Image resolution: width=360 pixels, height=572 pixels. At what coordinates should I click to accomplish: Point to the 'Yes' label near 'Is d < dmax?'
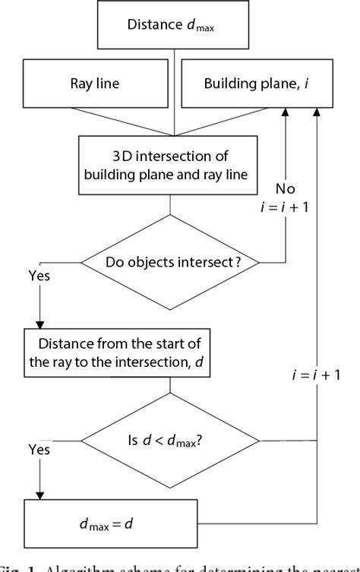pyautogui.click(x=39, y=450)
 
